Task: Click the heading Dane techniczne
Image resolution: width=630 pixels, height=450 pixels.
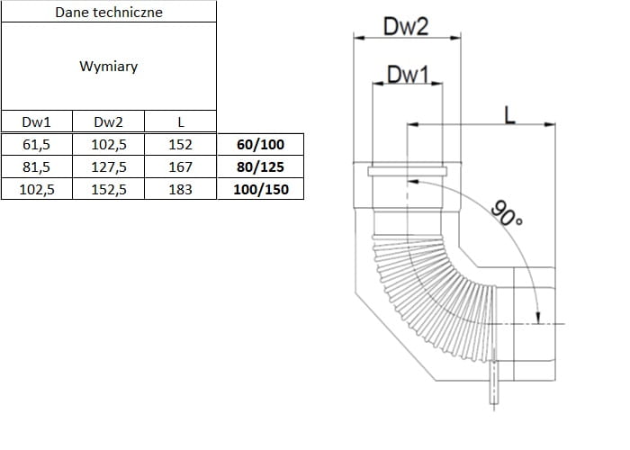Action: pyautogui.click(x=109, y=13)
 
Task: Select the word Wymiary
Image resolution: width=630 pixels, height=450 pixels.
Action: pyautogui.click(x=109, y=67)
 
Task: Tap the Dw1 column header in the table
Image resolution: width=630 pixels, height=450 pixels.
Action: pyautogui.click(x=36, y=122)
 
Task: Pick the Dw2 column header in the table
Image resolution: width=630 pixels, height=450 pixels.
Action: pyautogui.click(x=108, y=122)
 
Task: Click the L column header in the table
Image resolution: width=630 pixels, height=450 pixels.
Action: pyautogui.click(x=181, y=122)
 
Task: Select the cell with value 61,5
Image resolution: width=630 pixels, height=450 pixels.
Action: pyautogui.click(x=36, y=144)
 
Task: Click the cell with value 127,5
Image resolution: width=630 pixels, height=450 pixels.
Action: pyautogui.click(x=108, y=166)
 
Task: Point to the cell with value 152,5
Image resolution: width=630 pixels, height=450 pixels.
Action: pyautogui.click(x=108, y=189)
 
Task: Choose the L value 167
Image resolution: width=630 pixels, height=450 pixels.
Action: pyautogui.click(x=181, y=166)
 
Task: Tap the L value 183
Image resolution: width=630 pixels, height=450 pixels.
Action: pyautogui.click(x=181, y=189)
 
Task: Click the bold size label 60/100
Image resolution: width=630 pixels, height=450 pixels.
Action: pyautogui.click(x=259, y=144)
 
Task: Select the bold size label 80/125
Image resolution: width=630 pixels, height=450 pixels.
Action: pyautogui.click(x=259, y=166)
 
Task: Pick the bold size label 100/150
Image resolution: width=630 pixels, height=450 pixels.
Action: pyautogui.click(x=259, y=189)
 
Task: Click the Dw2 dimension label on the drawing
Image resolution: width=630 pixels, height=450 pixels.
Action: pyautogui.click(x=406, y=27)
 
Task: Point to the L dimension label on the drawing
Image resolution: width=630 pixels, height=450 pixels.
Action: pyautogui.click(x=510, y=114)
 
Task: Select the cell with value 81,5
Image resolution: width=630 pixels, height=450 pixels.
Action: pyautogui.click(x=36, y=166)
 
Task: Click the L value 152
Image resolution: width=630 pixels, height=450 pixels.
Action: pyautogui.click(x=181, y=144)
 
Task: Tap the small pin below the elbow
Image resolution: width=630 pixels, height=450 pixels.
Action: pyautogui.click(x=493, y=387)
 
